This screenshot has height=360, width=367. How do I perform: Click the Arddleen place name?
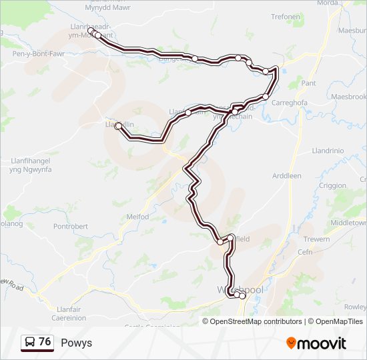(287, 176)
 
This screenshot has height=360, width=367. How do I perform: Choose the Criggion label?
(333, 185)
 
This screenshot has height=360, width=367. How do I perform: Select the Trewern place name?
(316, 239)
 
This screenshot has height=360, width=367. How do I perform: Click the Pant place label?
(309, 83)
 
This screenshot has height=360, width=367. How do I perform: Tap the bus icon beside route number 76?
(30, 342)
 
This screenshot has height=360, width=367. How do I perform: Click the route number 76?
(45, 341)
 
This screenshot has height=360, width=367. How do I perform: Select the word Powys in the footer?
(76, 343)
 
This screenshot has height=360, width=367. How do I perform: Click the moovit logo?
(316, 343)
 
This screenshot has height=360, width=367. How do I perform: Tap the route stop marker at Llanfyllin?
(118, 125)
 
